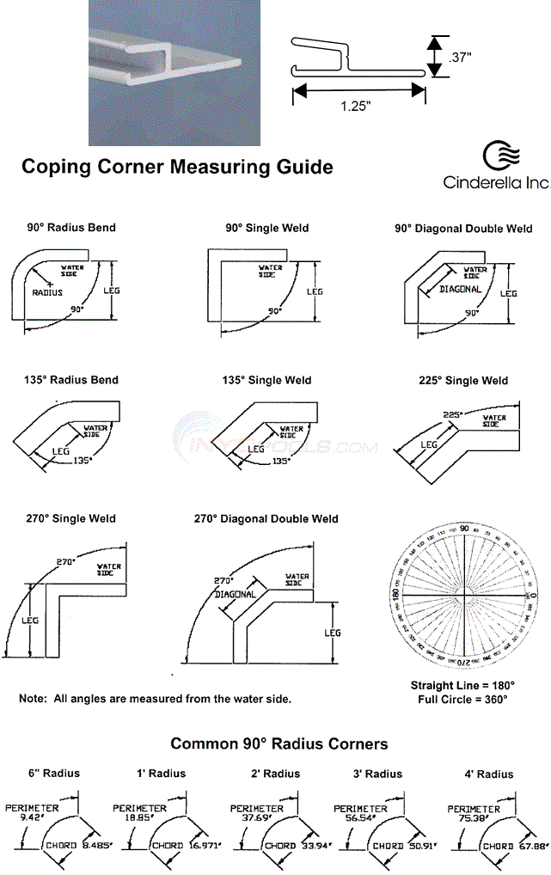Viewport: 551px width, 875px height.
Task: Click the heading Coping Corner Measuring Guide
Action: click(176, 166)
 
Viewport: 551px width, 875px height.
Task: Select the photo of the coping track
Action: click(162, 72)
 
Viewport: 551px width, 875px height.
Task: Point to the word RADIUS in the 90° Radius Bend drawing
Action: click(47, 292)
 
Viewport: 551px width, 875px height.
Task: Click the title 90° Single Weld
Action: click(266, 228)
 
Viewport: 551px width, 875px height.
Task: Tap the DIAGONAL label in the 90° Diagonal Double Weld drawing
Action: click(460, 290)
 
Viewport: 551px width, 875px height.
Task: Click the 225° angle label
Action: click(453, 413)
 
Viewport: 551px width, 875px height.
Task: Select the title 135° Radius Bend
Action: click(71, 380)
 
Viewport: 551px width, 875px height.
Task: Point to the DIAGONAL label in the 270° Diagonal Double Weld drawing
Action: click(236, 594)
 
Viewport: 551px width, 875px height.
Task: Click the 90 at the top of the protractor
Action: click(464, 529)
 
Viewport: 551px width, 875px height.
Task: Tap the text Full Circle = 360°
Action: click(463, 700)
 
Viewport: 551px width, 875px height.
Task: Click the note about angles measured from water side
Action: click(155, 699)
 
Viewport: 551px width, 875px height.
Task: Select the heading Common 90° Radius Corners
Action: click(279, 743)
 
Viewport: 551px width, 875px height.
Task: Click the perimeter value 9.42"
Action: click(31, 818)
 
